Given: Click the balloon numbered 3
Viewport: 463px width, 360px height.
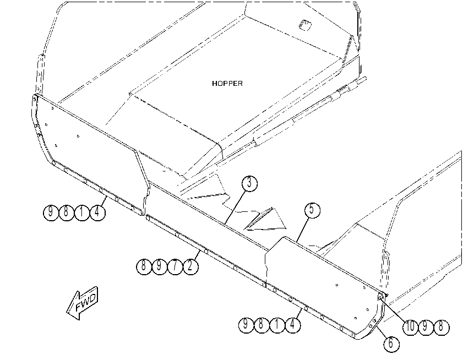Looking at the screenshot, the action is (x=249, y=183).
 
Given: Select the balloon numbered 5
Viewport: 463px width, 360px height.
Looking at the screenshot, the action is (x=312, y=210).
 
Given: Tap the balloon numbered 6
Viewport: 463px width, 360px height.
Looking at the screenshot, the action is (x=391, y=343).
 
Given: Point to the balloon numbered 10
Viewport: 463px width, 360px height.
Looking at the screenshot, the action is (x=411, y=327).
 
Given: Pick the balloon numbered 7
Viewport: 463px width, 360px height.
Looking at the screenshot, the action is (x=175, y=266).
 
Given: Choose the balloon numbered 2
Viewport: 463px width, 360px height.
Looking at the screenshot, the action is (x=190, y=266).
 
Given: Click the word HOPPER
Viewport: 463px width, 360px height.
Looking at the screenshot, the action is (x=227, y=84).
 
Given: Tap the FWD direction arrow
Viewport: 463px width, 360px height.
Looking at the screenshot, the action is (x=82, y=303).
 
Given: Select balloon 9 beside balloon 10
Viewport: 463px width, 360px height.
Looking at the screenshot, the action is (x=426, y=327).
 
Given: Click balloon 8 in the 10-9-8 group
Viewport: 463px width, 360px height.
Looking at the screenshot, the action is (x=442, y=327).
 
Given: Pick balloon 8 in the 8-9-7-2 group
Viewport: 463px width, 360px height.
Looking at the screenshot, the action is (x=144, y=266).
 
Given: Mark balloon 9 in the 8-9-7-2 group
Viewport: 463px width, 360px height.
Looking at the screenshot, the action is (x=160, y=266).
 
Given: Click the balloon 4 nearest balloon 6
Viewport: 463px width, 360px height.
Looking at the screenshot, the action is (x=293, y=325).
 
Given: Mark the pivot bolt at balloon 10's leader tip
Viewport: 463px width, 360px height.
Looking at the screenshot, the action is (x=380, y=297).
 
